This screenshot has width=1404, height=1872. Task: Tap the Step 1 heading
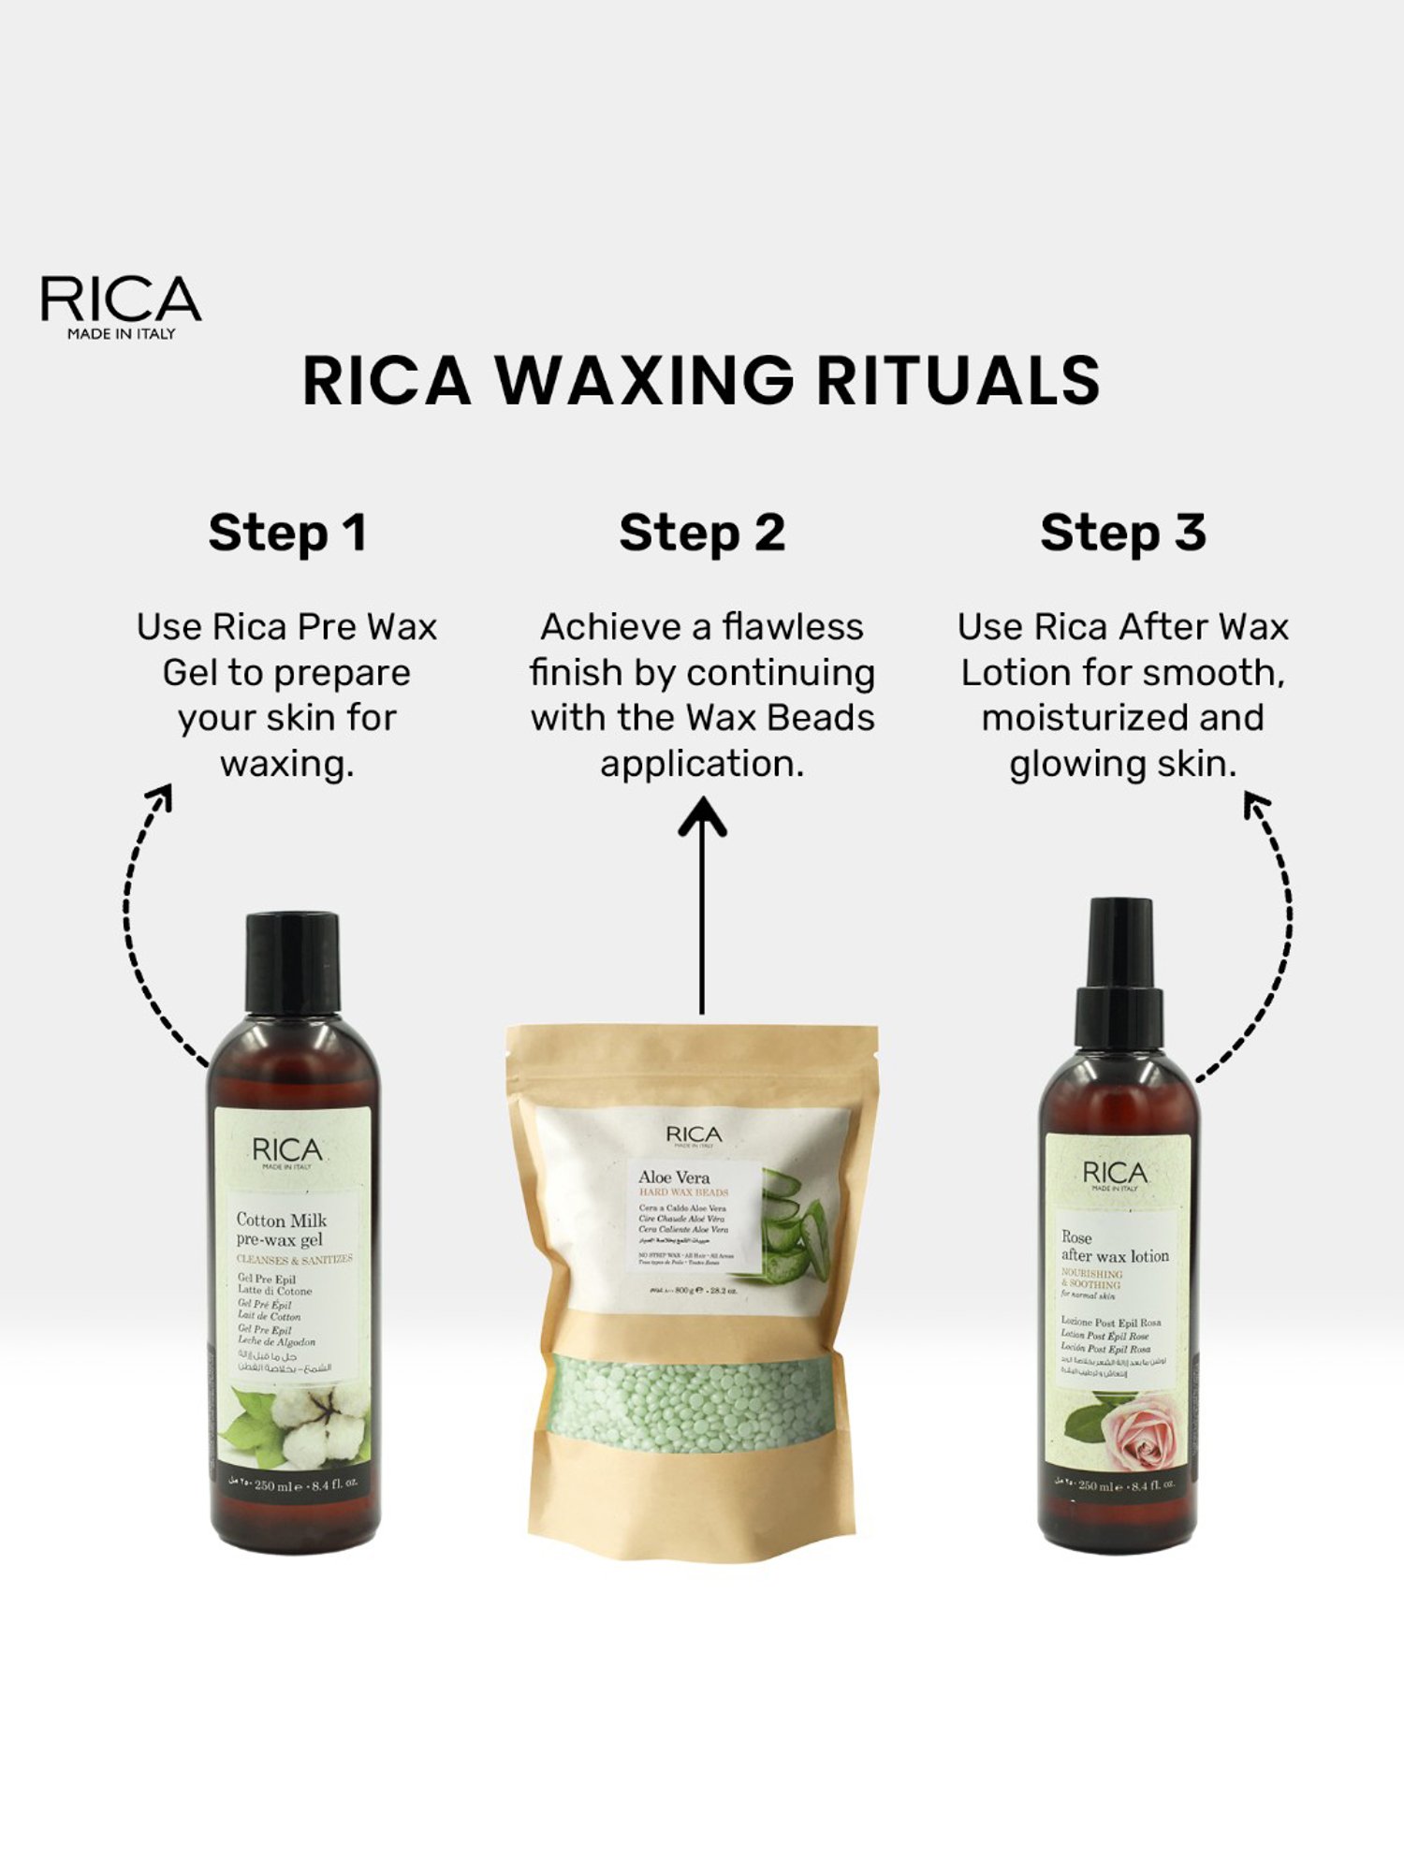point(287,534)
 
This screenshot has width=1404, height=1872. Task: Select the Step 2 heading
point(702,534)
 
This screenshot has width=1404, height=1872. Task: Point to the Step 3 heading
point(1122,534)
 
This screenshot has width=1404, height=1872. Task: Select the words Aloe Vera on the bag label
point(674,1177)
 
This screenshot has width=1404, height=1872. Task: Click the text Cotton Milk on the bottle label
point(281,1220)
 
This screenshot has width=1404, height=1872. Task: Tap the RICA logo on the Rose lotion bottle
point(1114,1173)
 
